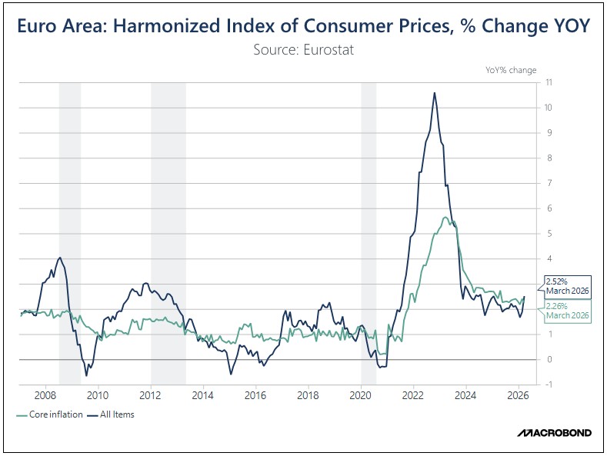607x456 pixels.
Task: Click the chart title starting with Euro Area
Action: pyautogui.click(x=303, y=25)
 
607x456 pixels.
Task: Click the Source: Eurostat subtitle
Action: pyautogui.click(x=303, y=50)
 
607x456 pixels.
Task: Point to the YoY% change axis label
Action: pyautogui.click(x=511, y=70)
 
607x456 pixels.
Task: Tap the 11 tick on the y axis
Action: pyautogui.click(x=547, y=82)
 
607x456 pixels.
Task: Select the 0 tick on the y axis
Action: pyautogui.click(x=547, y=359)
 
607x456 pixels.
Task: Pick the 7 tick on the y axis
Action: pyautogui.click(x=547, y=183)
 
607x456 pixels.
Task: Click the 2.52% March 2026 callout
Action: pyautogui.click(x=568, y=285)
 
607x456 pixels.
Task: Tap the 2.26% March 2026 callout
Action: pyautogui.click(x=568, y=311)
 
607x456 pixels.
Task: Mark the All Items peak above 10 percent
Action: pyautogui.click(x=435, y=93)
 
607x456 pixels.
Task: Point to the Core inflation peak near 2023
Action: pyautogui.click(x=446, y=218)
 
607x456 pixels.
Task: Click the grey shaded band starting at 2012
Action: pyautogui.click(x=168, y=231)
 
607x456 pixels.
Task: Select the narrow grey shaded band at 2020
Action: pyautogui.click(x=369, y=231)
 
